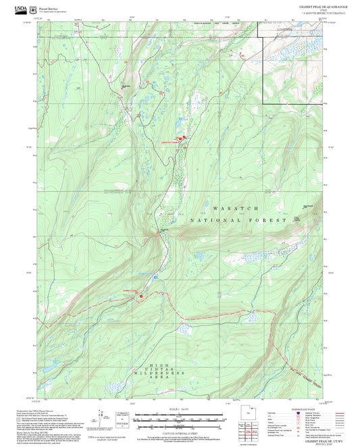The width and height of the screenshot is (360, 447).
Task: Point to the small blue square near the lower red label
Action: (155, 278)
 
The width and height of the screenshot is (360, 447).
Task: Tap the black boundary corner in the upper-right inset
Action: (263, 104)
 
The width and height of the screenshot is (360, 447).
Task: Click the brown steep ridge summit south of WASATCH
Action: (163, 233)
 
